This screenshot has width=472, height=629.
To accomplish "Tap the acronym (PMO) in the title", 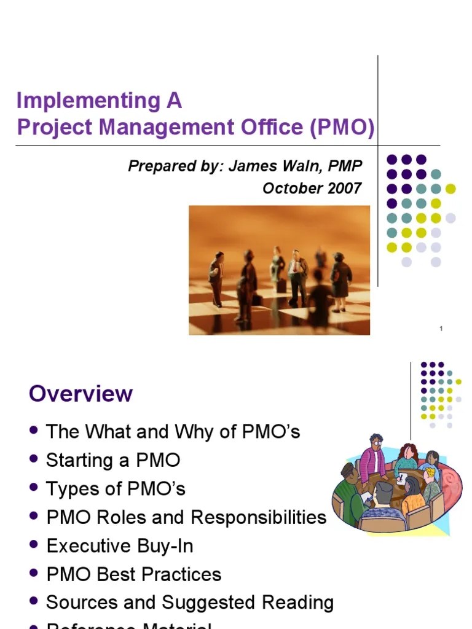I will [x=342, y=127].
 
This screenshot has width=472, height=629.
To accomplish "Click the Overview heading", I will [x=81, y=394].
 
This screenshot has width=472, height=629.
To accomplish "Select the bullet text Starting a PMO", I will [x=113, y=460].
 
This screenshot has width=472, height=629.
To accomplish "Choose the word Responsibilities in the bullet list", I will [x=258, y=517].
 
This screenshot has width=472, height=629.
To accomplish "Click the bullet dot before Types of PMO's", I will [x=34, y=488].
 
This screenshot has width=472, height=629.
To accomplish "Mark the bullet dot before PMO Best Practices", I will [x=34, y=574].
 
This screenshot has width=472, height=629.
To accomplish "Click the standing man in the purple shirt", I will [x=371, y=458].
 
